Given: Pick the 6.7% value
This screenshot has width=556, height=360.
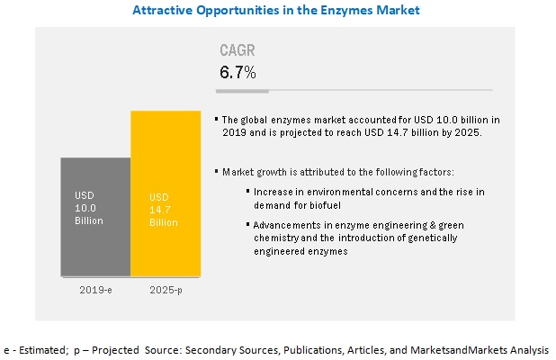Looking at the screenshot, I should coord(238,71).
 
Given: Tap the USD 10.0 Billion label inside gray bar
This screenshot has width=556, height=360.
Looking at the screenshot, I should coord(89,207).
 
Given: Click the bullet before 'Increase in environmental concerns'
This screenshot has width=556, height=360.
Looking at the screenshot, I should coord(247,192).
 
